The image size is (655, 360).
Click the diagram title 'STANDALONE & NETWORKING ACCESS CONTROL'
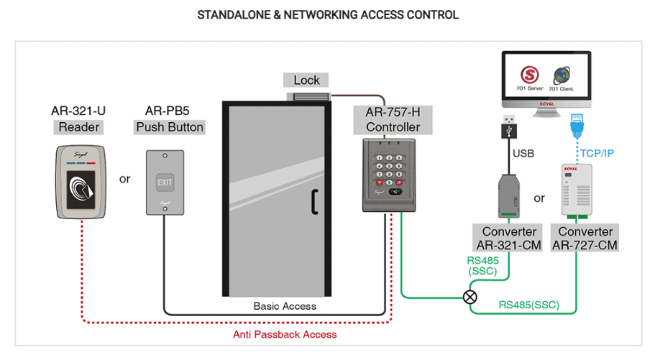tap(327, 14)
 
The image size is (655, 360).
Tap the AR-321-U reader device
tap(79, 181)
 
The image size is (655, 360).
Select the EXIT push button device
tap(165, 182)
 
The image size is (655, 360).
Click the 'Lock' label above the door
tap(306, 80)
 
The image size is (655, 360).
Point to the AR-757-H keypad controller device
tap(388, 175)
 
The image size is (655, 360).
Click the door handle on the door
tap(313, 203)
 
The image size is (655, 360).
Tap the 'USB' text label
tap(523, 153)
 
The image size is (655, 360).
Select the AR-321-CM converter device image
tap(509, 194)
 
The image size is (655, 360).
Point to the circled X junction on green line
tap(470, 295)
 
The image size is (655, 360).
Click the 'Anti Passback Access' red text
tap(285, 334)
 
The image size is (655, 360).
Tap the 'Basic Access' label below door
tap(285, 306)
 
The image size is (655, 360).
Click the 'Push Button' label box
tap(170, 127)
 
